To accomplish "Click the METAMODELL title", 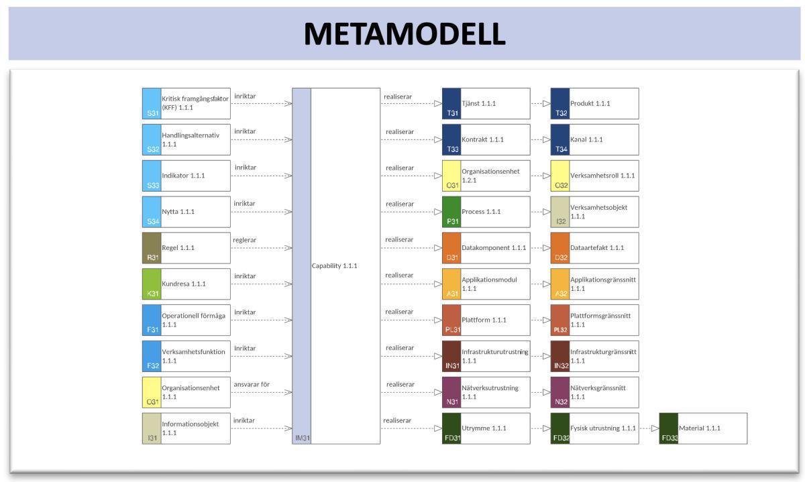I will point(404,34).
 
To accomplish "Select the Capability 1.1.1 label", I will point(334,266).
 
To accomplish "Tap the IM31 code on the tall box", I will point(301,438).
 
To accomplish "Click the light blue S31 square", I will point(152,103).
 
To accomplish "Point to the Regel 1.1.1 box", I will point(186,248).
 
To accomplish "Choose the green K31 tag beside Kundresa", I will point(152,284).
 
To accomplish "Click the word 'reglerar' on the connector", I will point(245,240).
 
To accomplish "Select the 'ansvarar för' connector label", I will point(252,384).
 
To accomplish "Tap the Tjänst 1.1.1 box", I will point(486,104).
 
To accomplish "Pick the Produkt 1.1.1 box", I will point(594,104).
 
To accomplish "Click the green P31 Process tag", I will point(451,212).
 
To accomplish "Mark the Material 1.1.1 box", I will point(703,428).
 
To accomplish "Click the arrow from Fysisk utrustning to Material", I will point(649,428).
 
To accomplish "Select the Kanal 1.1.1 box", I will point(594,139).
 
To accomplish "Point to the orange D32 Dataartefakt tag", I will point(560,248).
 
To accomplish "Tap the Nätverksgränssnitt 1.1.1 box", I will point(594,392).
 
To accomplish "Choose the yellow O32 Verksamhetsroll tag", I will point(560,176).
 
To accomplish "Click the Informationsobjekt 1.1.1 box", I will point(186,428).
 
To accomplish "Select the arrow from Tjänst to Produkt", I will point(540,104).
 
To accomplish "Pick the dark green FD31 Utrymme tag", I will point(451,428).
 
